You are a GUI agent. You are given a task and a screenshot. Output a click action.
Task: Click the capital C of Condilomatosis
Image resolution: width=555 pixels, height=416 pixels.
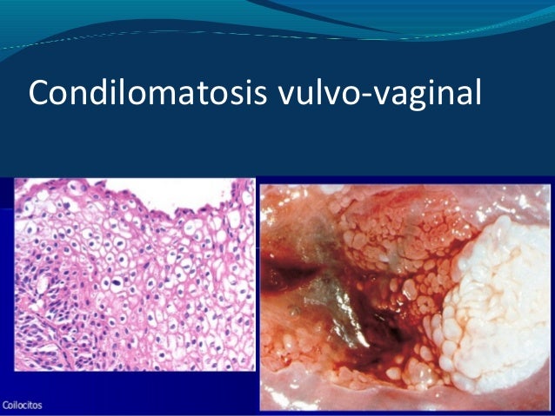point(38,91)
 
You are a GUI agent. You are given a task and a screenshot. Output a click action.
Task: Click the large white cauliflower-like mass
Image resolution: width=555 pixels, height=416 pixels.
point(492,278)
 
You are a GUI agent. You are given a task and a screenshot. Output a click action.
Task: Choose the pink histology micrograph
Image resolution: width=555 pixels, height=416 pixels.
point(135,287)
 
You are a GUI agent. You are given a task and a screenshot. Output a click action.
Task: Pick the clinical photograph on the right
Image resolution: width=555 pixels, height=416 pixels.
point(405,295)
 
